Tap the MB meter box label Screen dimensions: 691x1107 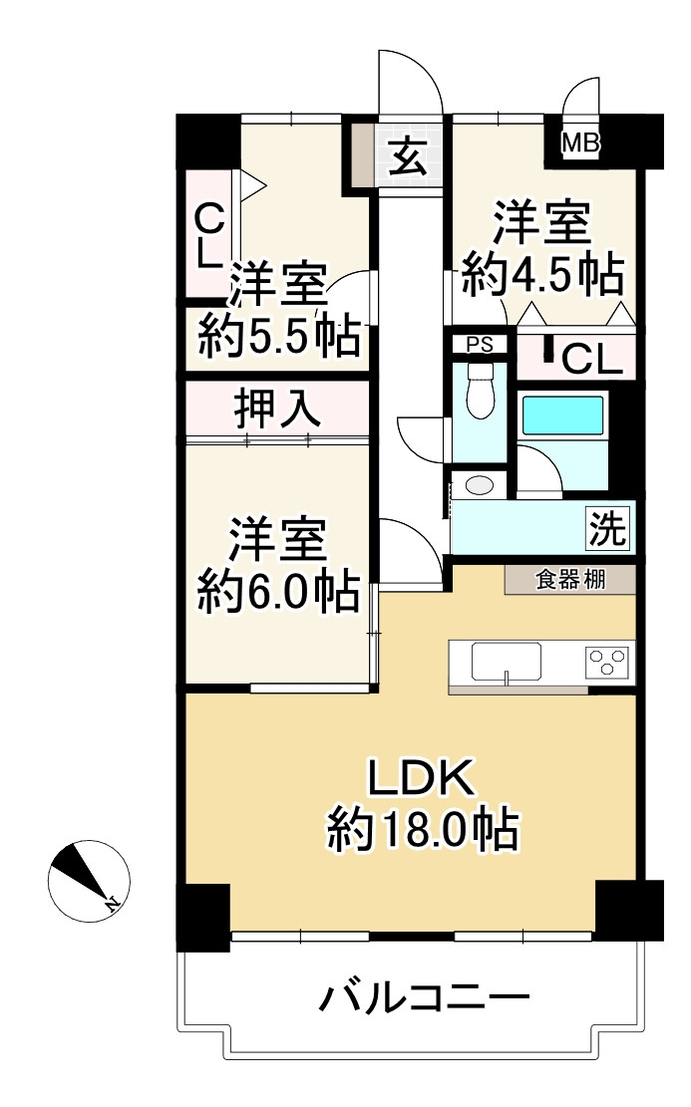coord(580,144)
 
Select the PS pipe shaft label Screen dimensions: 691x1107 coord(479,345)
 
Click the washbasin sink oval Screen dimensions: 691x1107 coord(480,485)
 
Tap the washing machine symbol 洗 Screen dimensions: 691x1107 coord(607,528)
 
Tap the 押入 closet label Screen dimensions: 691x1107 coord(277,410)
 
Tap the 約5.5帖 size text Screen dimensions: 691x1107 coord(278,336)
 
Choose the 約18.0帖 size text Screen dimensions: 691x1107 coord(423,829)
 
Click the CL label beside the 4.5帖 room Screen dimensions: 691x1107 coord(592,360)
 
